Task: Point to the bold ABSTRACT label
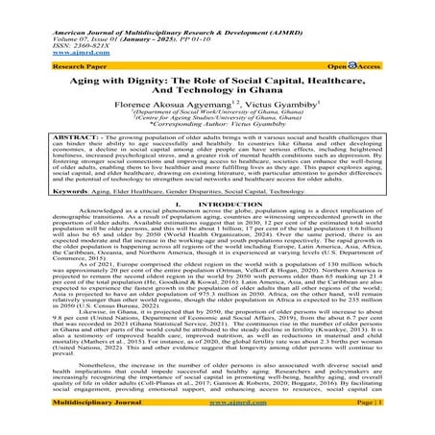[33, 135]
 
